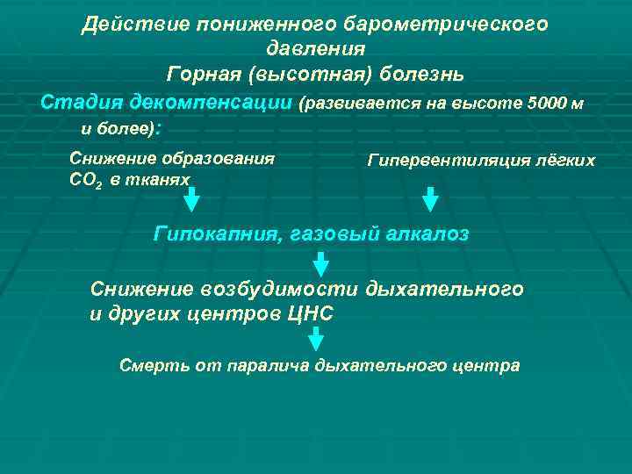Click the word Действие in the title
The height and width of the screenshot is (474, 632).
pos(125,25)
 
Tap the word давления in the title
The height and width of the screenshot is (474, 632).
pos(315,48)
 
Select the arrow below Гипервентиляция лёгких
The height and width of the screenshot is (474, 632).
pos(430,199)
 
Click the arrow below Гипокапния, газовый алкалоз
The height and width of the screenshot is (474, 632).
pos(321,263)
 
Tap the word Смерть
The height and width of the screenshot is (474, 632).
pos(149,365)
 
